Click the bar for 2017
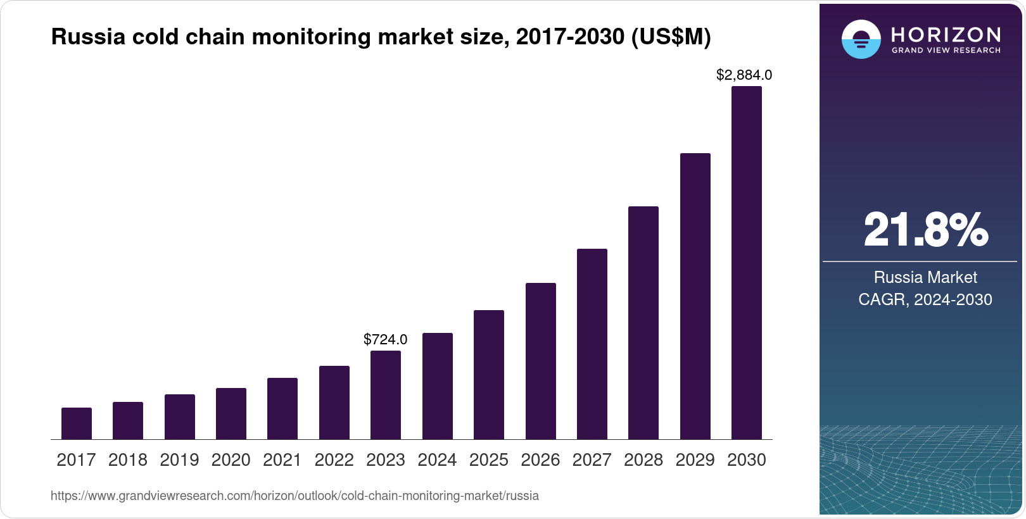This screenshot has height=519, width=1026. (x=77, y=423)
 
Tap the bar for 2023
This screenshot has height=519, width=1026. (x=386, y=395)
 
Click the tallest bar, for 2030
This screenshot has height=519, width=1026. (x=747, y=263)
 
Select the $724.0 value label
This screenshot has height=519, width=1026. (x=386, y=339)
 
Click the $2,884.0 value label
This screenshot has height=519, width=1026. (x=744, y=75)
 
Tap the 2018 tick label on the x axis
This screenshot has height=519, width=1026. (x=128, y=460)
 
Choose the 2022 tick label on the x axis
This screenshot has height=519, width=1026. (x=334, y=460)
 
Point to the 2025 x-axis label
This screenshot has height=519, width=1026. (x=489, y=460)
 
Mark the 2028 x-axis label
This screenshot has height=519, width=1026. (x=643, y=460)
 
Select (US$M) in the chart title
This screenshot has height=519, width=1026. (x=671, y=37)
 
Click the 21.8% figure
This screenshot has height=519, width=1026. (x=925, y=230)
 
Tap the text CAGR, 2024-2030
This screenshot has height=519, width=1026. (x=925, y=299)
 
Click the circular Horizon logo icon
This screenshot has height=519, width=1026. (x=861, y=39)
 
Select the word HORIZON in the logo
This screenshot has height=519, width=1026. (x=946, y=34)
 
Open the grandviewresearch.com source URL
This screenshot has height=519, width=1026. (x=294, y=496)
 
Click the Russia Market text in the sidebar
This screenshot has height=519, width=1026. (x=925, y=277)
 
